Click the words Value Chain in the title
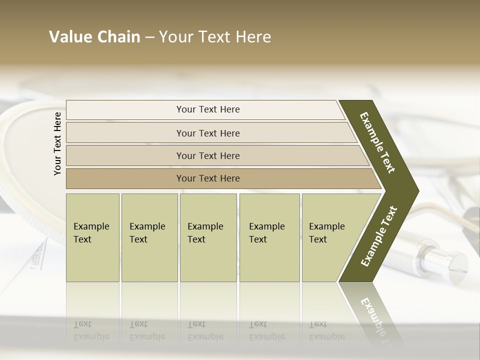coord(94,37)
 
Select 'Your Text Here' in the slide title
coord(215,37)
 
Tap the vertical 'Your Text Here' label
coord(57,143)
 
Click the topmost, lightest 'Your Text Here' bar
coord(207,109)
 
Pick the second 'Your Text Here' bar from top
coord(207,133)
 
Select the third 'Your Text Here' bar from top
coord(207,155)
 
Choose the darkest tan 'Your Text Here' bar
coord(207,178)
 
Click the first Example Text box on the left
coord(92,237)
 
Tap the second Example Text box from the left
coord(149,237)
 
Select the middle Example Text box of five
coord(208,237)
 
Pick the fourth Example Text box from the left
coord(269,237)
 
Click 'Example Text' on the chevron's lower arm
coord(379,236)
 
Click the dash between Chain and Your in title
coord(149,37)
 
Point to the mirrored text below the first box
coord(91,330)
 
